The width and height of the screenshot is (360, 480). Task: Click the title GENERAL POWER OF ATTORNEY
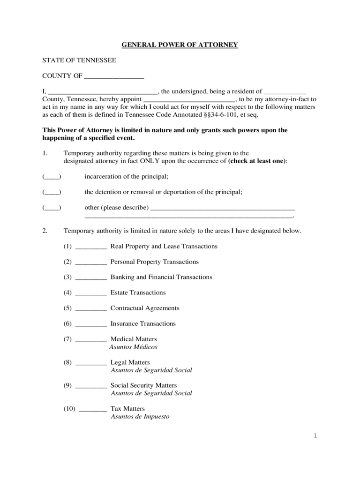click(x=180, y=45)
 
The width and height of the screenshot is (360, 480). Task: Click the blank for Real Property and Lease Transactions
click(x=91, y=247)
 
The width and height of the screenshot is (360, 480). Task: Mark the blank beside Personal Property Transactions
click(x=91, y=262)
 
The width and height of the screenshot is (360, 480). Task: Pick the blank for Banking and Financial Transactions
click(x=91, y=278)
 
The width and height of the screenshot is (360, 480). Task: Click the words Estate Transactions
click(x=138, y=292)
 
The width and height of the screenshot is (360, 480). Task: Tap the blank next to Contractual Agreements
click(x=91, y=309)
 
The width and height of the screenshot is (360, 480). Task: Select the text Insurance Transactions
click(x=143, y=323)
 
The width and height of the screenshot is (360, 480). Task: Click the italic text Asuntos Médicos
click(x=133, y=347)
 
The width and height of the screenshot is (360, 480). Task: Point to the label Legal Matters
click(x=130, y=362)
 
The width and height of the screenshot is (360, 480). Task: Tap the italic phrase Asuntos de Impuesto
click(x=140, y=417)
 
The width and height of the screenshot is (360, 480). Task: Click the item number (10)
click(x=70, y=409)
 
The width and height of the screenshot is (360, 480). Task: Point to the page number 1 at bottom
click(x=315, y=436)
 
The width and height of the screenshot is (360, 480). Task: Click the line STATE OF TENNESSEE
click(x=79, y=60)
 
